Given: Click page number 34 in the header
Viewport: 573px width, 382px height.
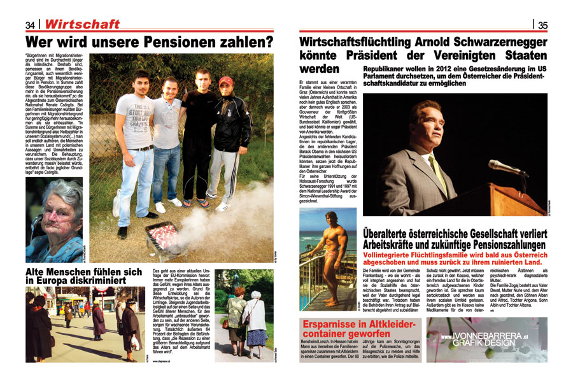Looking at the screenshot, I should click(30, 24).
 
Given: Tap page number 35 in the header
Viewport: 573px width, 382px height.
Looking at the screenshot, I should click(542, 25).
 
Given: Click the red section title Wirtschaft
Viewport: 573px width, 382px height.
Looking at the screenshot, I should click(83, 24).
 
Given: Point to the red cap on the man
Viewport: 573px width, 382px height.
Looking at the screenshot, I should click(225, 81).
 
